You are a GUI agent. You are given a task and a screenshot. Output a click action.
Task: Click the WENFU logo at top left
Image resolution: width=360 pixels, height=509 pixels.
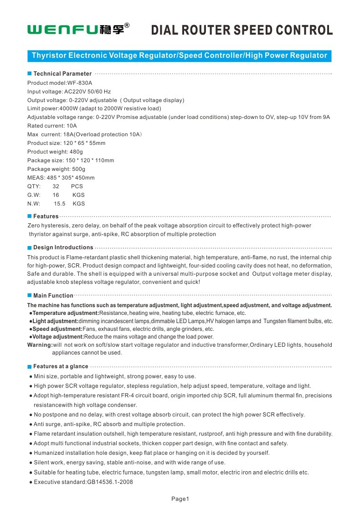coord(75,30)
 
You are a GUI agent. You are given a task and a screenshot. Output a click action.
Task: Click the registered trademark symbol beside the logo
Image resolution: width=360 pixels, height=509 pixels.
coord(127,26)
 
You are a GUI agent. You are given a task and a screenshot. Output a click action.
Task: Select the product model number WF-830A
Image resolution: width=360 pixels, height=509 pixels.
coord(80,83)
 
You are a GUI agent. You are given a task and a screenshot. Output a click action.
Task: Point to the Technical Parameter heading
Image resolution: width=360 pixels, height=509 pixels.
coord(62,73)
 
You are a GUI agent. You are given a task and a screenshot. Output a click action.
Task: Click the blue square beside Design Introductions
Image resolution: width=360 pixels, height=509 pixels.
coord(30,247)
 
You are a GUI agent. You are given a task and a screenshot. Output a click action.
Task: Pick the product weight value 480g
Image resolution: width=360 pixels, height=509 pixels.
coord(75,151)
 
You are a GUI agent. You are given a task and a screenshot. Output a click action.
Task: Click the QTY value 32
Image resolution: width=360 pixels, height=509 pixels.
coord(56,186)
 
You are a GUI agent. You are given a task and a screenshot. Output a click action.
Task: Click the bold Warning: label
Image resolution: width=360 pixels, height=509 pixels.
coord(40,345)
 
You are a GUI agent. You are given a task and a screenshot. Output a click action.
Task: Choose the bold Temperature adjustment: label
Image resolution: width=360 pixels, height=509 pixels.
coord(66,313)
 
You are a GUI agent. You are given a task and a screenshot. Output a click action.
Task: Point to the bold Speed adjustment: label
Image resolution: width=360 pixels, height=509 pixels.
coord(57,329)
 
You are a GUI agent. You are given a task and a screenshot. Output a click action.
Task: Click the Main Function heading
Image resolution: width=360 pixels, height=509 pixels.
coord(53,296)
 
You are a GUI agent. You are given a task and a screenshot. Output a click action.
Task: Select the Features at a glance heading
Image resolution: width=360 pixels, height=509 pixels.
coord(61,366)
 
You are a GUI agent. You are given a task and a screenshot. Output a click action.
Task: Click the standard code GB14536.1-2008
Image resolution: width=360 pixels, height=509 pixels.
coord(110,482)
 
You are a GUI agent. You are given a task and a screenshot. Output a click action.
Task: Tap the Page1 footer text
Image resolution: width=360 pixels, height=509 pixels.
coord(180,499)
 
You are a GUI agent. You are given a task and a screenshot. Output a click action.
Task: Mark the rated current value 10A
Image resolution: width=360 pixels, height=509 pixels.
coord(72,125)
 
